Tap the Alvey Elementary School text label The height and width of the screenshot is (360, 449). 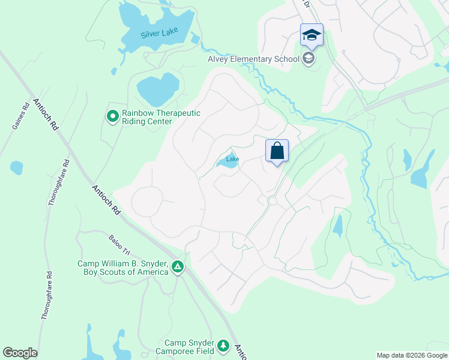coord(253,59)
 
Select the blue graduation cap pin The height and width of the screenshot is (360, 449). coord(312,35)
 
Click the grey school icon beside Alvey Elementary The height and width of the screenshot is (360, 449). coord(309,59)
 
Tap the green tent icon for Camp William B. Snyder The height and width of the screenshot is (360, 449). coord(178,267)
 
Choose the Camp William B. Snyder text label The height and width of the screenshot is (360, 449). coord(123,268)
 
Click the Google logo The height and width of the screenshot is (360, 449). coord(20,353)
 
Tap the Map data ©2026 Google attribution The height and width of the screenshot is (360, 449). coord(411,355)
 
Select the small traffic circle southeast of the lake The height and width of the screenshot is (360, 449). coord(273,202)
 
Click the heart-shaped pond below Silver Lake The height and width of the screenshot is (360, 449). coord(158,88)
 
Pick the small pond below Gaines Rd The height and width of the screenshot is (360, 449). coord(16,167)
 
